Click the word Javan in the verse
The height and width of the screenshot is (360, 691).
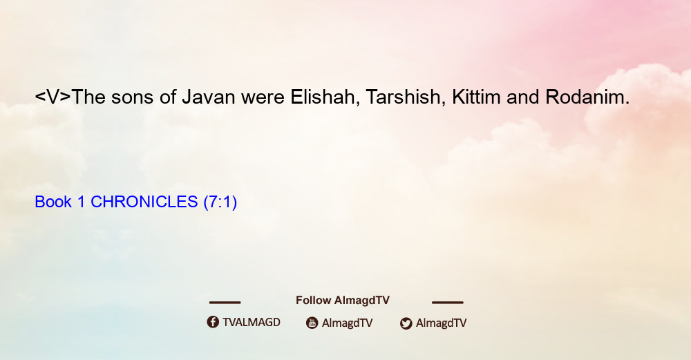[209, 97]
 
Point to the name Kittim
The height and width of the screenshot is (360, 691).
[476, 97]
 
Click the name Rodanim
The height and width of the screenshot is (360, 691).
[587, 97]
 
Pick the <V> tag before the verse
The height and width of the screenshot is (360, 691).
[53, 97]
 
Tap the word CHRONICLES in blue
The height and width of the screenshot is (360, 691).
[144, 202]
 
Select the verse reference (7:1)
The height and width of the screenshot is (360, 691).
[220, 202]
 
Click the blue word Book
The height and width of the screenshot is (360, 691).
[53, 202]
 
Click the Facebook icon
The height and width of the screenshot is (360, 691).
[213, 322]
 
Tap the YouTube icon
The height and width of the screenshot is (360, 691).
[312, 323]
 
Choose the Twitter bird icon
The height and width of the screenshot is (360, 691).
[406, 323]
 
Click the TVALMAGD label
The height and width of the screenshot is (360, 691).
[252, 322]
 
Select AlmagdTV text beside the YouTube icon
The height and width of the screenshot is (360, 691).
[348, 323]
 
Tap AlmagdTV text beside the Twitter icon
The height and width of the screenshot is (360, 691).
[441, 323]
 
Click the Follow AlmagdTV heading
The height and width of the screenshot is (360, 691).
[343, 300]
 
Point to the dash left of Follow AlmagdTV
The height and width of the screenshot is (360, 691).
[225, 302]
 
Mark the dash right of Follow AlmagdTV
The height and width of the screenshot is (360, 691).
[448, 302]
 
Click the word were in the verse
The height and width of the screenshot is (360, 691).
[263, 98]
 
